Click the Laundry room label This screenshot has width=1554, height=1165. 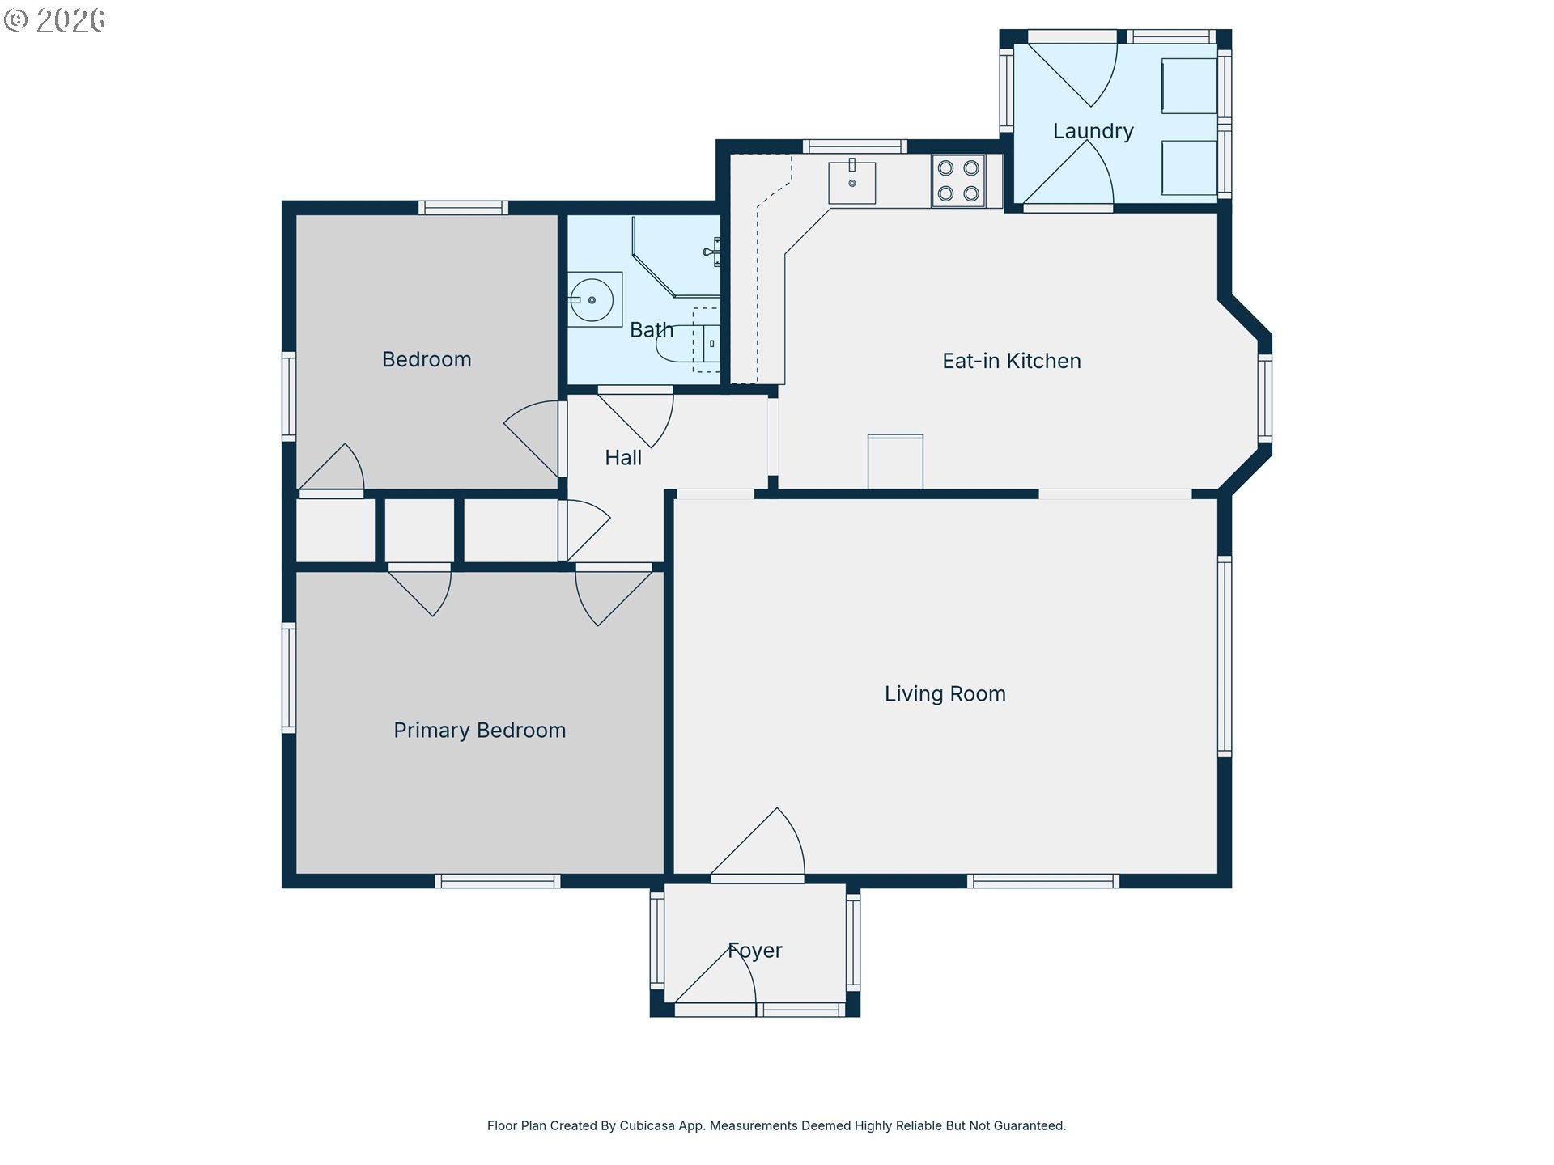[x=1093, y=131]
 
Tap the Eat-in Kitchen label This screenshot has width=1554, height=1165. [x=1012, y=361]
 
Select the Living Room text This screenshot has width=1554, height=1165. [x=945, y=694]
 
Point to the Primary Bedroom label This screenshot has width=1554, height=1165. [x=479, y=731]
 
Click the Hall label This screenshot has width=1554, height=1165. [x=623, y=458]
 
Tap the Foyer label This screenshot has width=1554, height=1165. [x=755, y=951]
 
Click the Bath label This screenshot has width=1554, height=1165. [x=652, y=330]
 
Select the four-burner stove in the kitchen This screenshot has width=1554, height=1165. [x=958, y=180]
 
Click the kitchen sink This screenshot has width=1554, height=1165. [x=851, y=182]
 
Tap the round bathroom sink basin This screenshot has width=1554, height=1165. [x=592, y=300]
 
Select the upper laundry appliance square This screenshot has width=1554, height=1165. [x=1189, y=86]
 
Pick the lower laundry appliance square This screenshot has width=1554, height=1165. [x=1189, y=167]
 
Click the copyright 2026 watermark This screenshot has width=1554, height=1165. [x=54, y=19]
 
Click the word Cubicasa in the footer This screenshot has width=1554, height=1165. [x=647, y=1125]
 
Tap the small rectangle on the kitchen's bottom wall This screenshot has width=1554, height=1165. [x=895, y=462]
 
